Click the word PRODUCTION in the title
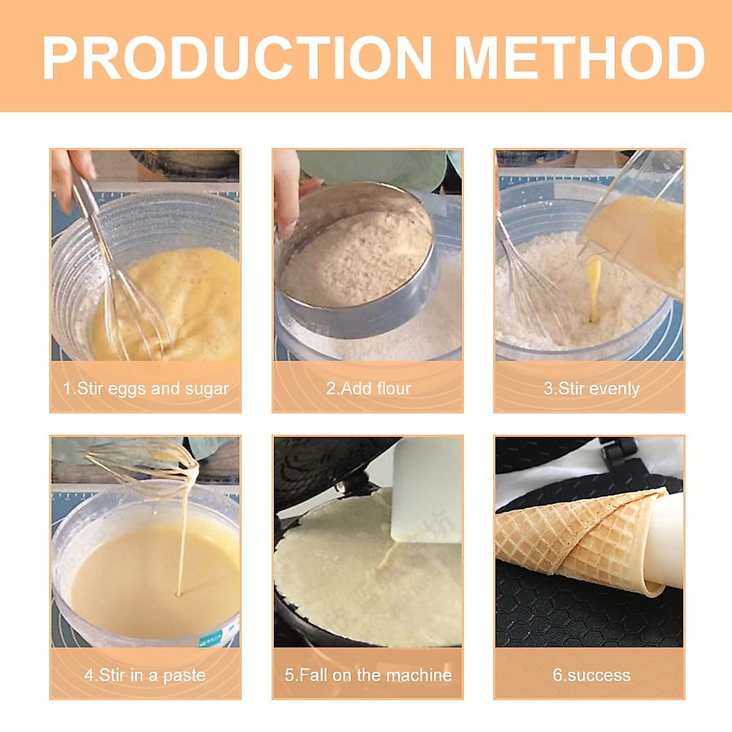(x=237, y=59)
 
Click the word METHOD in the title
(x=579, y=59)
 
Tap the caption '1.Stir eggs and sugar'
(x=146, y=389)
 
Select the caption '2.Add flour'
(x=368, y=389)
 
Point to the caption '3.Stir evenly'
(x=591, y=389)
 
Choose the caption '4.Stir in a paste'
(x=145, y=675)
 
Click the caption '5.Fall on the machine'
(x=368, y=675)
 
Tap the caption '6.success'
(x=591, y=675)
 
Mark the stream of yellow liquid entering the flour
(x=594, y=287)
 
